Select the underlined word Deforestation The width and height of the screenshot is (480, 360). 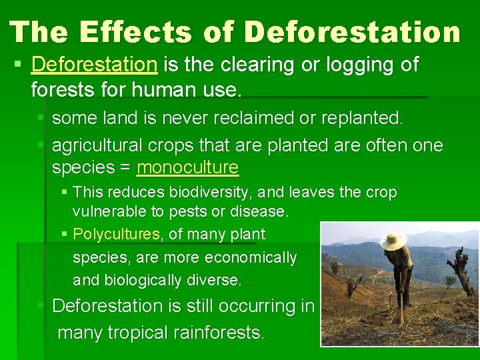94,65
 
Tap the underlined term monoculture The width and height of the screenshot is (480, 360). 187,167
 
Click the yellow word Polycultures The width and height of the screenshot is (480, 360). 117,234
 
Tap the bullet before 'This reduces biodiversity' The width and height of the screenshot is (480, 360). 64,193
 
